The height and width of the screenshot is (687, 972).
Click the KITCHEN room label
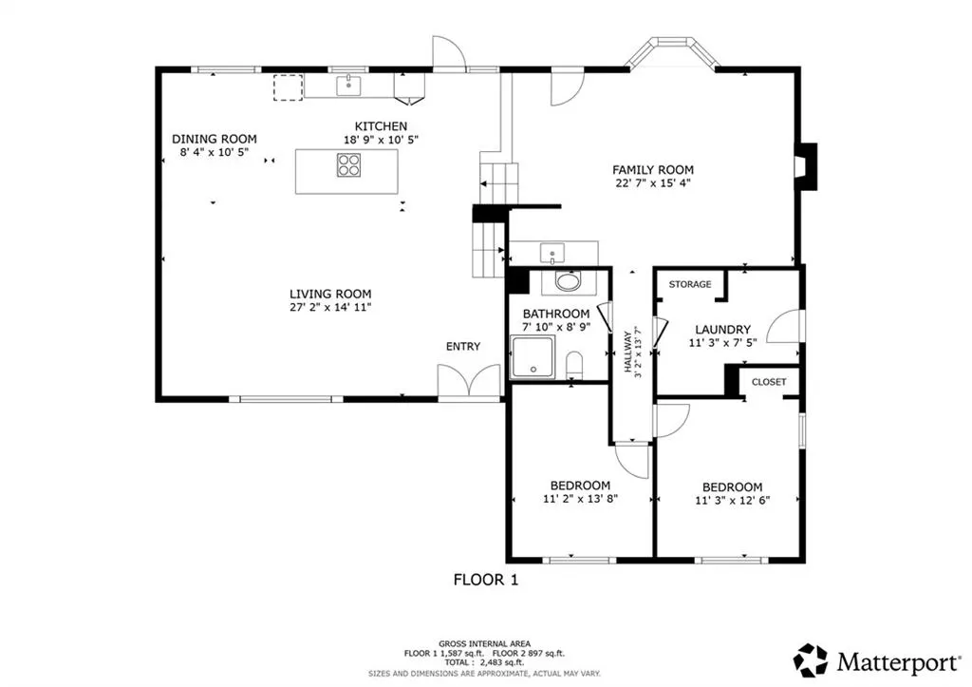[x=381, y=126]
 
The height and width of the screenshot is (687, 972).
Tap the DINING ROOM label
[x=214, y=139]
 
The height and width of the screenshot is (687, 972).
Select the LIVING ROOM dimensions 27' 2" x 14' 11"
[x=330, y=307]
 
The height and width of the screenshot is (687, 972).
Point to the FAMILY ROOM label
[x=653, y=169]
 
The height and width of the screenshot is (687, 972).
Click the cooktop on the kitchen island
[x=349, y=165]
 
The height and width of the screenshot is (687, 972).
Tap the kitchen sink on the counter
[x=349, y=86]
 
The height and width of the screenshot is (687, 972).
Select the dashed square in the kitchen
[x=289, y=87]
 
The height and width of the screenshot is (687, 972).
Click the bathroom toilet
[x=574, y=365]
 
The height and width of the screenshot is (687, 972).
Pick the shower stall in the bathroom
[x=532, y=357]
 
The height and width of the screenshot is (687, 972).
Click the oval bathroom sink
[x=568, y=282]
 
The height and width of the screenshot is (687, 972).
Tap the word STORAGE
[x=690, y=284]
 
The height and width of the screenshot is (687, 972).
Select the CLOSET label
[x=769, y=382]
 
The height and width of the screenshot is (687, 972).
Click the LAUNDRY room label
[x=722, y=330]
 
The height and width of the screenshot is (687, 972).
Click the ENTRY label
[x=463, y=346]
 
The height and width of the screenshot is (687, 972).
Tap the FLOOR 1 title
[x=486, y=580]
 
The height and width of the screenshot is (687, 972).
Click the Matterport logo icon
[x=811, y=660]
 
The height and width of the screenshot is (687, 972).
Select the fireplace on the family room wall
[x=807, y=166]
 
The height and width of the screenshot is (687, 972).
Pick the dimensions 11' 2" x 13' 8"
[x=580, y=498]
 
